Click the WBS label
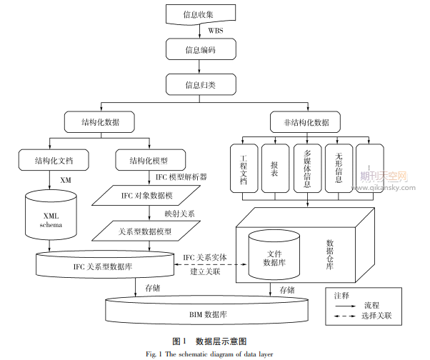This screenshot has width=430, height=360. [215, 31]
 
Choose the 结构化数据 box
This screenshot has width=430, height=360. [101, 122]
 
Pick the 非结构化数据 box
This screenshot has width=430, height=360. [306, 122]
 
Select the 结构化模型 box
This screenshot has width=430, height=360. [147, 159]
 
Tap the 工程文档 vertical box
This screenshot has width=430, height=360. [244, 168]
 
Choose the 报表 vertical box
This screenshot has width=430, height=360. [275, 168]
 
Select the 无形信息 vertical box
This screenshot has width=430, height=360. [339, 168]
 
